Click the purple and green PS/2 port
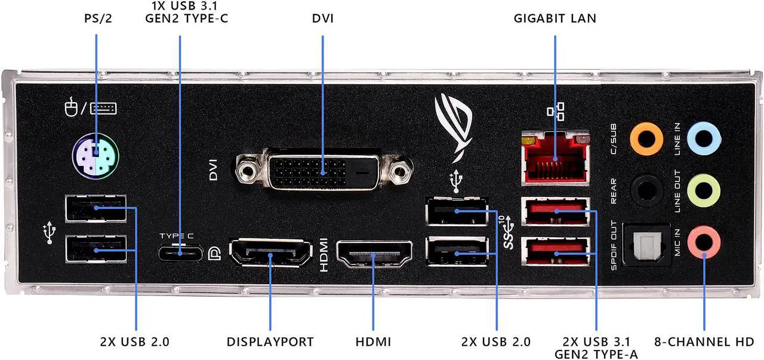pyautogui.click(x=96, y=157)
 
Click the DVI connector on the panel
pyautogui.click(x=325, y=172)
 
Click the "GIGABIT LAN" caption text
pyautogui.click(x=554, y=18)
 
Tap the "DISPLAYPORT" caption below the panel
pyautogui.click(x=270, y=342)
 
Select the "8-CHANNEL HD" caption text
pyautogui.click(x=703, y=342)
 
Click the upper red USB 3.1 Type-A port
pyautogui.click(x=556, y=211)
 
